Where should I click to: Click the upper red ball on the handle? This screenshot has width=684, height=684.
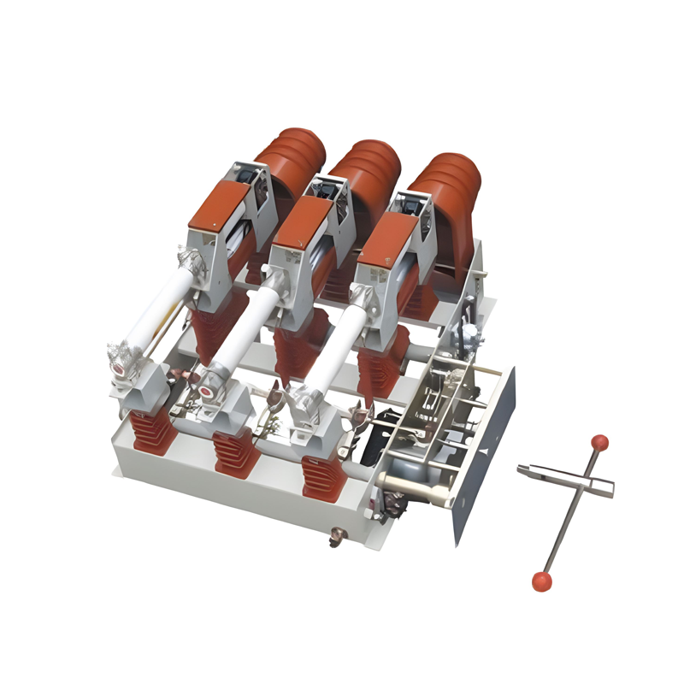(600, 443)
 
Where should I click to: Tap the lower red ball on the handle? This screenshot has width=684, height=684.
(541, 581)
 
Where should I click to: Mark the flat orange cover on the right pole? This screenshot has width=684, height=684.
(385, 235)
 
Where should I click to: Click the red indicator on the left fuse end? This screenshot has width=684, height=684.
(118, 369)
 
